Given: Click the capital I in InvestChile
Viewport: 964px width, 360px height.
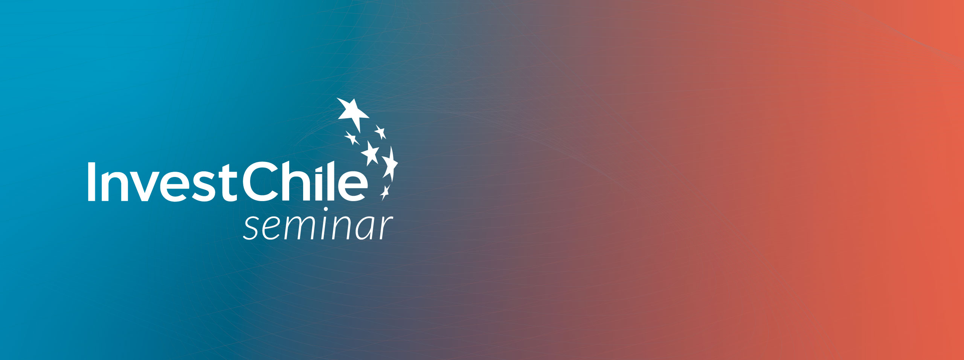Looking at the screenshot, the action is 91,182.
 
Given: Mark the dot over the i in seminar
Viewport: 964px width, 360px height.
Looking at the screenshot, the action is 326,209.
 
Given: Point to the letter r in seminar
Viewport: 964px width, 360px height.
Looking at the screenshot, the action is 386,228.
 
